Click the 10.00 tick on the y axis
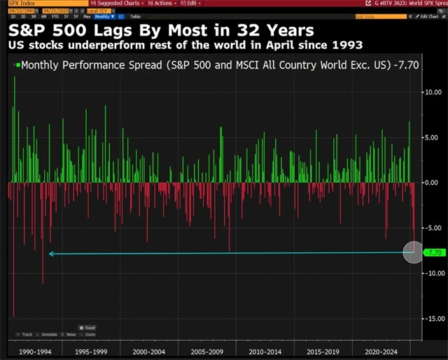[x=433, y=92]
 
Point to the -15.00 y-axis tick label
[x=433, y=318]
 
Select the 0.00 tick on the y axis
[x=433, y=182]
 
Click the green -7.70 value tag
[x=434, y=252]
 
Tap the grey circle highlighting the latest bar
[x=414, y=252]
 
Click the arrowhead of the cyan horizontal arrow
[x=51, y=254]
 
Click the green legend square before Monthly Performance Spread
[x=17, y=64]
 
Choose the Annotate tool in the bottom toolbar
[x=50, y=335]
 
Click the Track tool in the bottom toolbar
[x=25, y=335]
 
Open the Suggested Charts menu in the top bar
[x=105, y=4]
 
